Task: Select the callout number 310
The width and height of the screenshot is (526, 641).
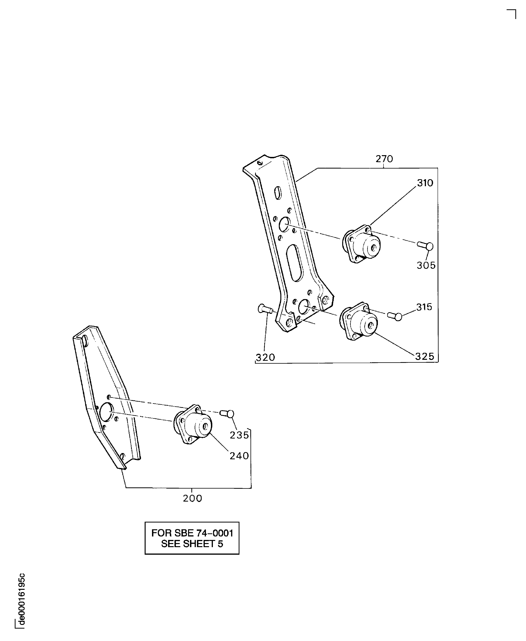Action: pos(425,183)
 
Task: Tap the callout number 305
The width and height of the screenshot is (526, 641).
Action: pos(426,266)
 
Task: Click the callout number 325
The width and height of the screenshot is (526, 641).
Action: pos(424,356)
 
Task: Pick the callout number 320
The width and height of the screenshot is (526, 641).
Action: pos(265,358)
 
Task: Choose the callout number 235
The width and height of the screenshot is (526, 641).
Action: pos(239,435)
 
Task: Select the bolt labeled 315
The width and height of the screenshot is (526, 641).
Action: pos(395,316)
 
